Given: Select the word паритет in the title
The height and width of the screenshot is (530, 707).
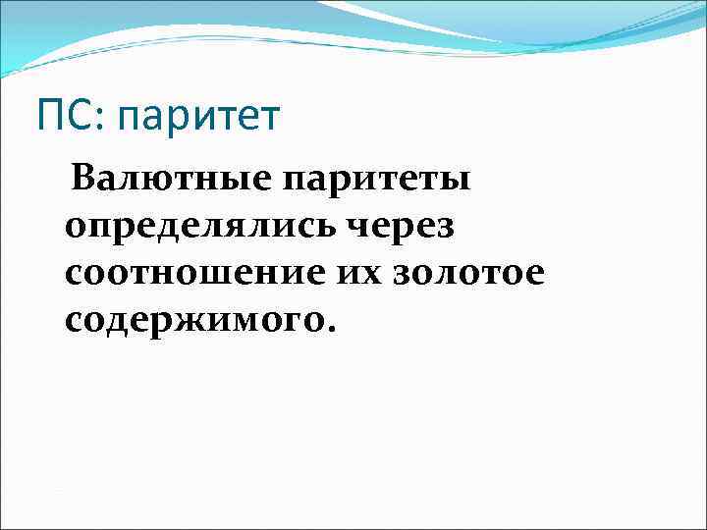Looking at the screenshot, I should click(x=197, y=119).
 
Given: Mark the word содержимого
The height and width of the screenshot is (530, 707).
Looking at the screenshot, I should click(x=193, y=321).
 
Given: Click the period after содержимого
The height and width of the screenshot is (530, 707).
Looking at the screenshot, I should click(x=331, y=329).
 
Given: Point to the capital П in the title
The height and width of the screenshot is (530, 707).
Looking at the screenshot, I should click(x=51, y=117).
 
